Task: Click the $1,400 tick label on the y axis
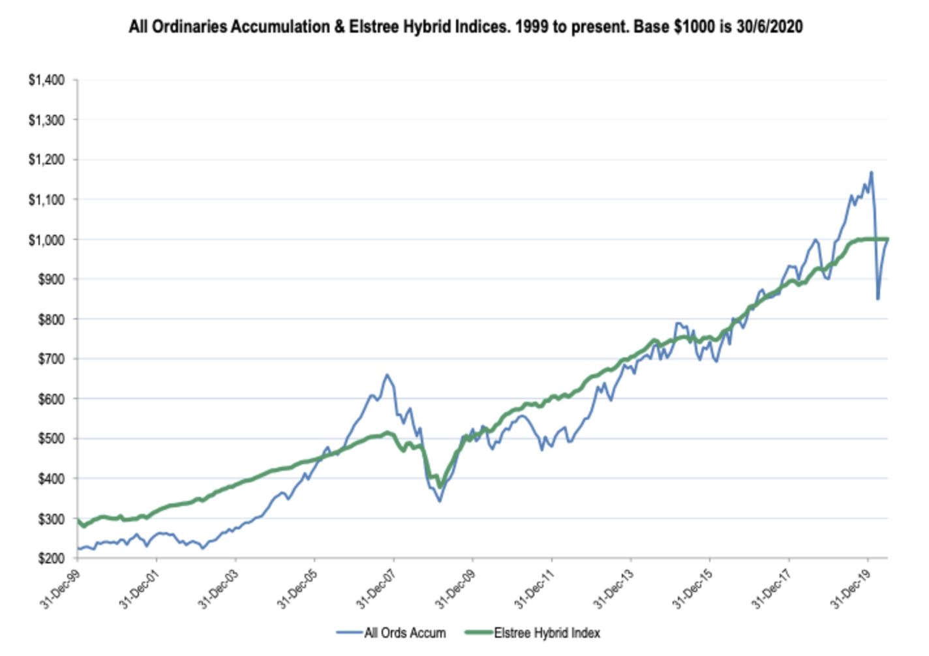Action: [46, 80]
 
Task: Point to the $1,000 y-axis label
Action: [46, 240]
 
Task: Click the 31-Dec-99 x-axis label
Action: [59, 589]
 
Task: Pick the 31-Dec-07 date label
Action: [376, 589]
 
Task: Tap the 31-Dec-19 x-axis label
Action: [850, 589]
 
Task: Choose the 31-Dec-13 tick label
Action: [613, 589]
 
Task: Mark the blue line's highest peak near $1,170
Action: [872, 172]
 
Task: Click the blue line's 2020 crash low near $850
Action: [878, 299]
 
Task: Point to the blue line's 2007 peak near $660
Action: [388, 374]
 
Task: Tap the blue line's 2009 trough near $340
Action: [440, 501]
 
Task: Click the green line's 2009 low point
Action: [440, 486]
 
